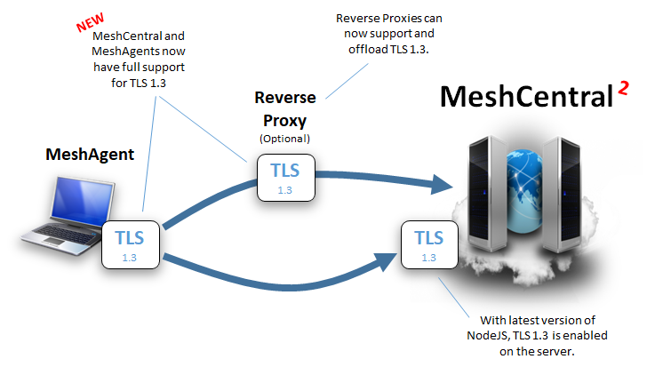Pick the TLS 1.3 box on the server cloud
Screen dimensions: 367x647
[x=428, y=244]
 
